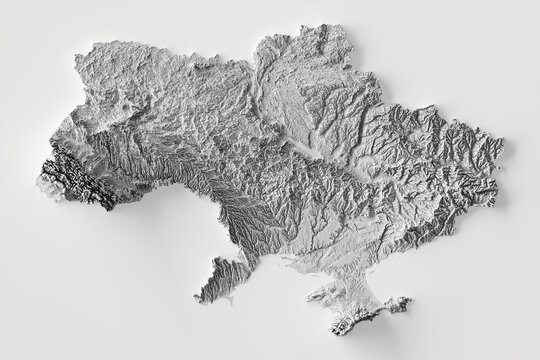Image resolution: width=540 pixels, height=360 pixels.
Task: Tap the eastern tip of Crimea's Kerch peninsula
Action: point(409,299)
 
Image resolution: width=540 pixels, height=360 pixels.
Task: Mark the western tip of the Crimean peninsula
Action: point(313,297)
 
